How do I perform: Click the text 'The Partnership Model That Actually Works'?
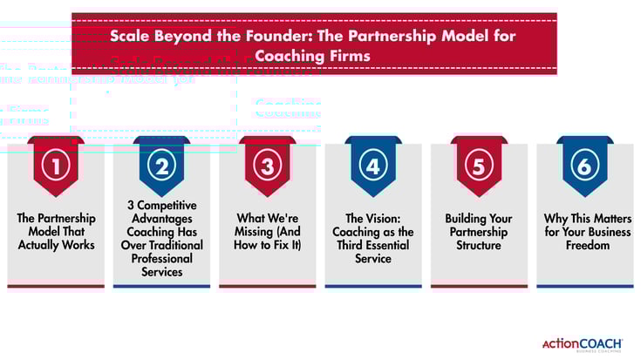[x=56, y=231]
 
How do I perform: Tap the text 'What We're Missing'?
[x=267, y=231]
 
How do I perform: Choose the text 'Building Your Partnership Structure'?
[x=479, y=231]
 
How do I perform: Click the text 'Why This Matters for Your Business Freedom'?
[x=584, y=231]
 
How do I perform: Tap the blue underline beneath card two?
[x=161, y=286]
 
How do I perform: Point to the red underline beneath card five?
[x=479, y=286]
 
